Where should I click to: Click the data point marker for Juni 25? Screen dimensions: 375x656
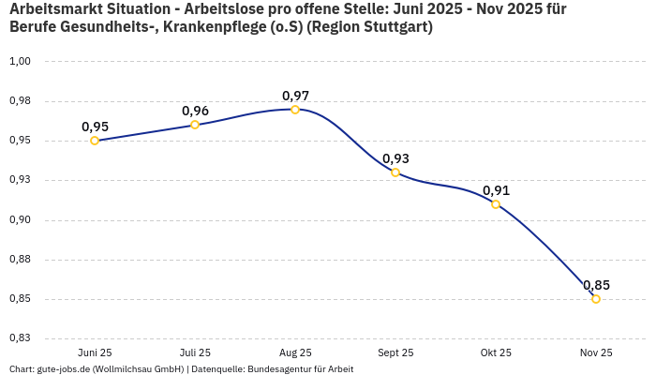point(95,141)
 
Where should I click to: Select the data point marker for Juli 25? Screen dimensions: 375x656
point(195,125)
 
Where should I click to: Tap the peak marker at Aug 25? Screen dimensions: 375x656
point(295,110)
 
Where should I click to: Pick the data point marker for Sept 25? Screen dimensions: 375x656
point(395,172)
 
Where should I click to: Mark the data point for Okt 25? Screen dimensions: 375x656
point(496,204)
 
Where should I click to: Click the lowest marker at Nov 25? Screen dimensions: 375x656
point(596,299)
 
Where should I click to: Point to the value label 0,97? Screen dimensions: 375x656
point(295,96)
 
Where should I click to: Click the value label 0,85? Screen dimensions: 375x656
point(596,285)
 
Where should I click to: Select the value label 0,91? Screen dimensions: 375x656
point(496,190)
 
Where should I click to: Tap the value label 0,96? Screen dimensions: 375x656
point(195,111)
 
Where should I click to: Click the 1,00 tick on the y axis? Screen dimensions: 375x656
point(20,62)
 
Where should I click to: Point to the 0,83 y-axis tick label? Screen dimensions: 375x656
point(20,338)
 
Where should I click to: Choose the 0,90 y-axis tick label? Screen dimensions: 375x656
point(20,220)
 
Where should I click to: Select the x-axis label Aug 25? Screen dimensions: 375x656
point(295,352)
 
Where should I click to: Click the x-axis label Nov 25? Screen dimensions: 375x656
point(596,352)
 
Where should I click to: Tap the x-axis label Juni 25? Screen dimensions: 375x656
point(95,352)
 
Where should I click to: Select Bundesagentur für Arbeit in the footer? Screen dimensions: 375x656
point(301,368)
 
